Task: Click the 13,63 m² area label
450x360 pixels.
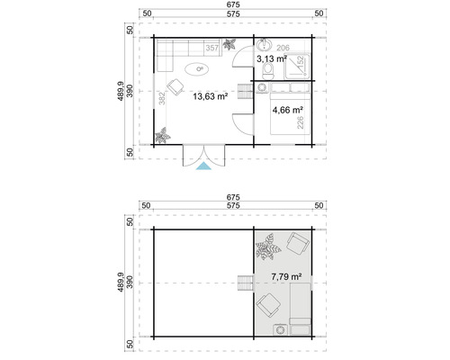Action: coord(210,94)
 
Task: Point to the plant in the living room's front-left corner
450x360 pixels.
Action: coord(163,137)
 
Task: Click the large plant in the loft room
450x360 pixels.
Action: coord(267,244)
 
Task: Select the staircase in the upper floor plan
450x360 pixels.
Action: coord(244,283)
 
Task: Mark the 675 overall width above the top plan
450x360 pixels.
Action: coord(233,6)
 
